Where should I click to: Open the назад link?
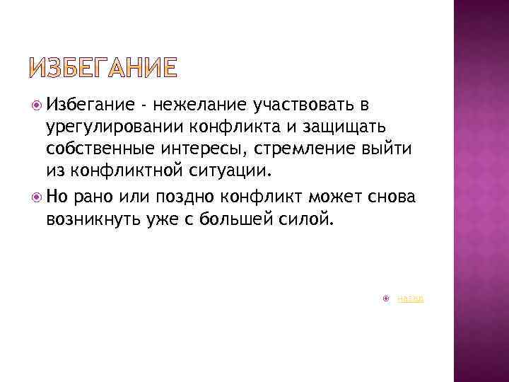[x=410, y=299]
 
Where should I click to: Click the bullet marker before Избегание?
[x=37, y=106]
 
